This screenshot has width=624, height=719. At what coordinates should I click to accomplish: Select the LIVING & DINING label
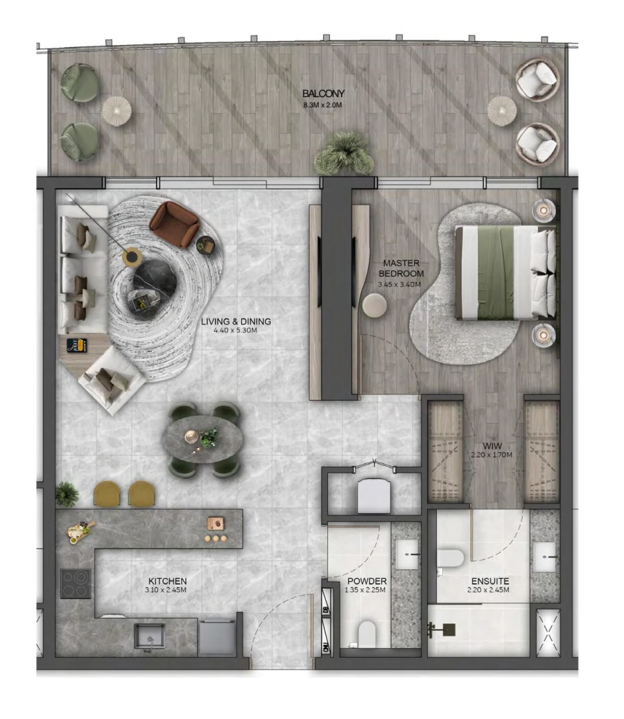pos(236,322)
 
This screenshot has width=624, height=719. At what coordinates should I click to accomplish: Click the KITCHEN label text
pos(167,581)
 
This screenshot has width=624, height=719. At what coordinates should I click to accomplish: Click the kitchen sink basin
pos(149,635)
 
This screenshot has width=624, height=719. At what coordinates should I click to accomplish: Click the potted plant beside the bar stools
pos(67,494)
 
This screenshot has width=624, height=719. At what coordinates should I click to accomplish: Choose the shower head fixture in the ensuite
pos(440,630)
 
